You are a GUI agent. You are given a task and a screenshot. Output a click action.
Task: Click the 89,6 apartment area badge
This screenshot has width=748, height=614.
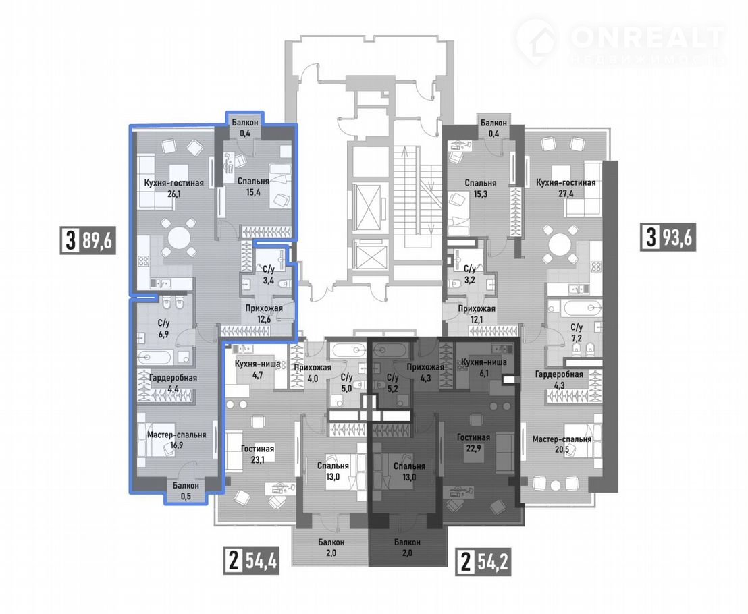[88, 240]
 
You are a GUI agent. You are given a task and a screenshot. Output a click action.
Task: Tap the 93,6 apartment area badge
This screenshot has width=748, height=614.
[668, 237]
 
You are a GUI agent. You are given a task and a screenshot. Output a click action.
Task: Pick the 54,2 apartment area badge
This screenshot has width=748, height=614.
[483, 562]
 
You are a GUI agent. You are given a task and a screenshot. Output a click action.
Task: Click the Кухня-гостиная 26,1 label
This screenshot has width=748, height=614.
[174, 188]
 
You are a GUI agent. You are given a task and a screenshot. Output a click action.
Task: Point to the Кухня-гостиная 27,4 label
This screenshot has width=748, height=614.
[566, 188]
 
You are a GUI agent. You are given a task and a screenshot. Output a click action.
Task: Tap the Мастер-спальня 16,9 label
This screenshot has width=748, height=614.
[176, 440]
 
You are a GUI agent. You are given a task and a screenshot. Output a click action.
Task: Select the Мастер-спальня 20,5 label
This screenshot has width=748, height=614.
[562, 445]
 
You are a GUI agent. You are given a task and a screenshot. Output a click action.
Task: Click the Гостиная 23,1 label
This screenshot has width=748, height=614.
[258, 454]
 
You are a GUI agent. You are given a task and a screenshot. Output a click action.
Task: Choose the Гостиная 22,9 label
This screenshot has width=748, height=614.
[473, 443]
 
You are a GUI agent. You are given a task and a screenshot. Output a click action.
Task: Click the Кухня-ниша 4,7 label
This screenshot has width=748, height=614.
[258, 369]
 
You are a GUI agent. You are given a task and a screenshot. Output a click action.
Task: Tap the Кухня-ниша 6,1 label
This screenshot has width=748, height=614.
[484, 368]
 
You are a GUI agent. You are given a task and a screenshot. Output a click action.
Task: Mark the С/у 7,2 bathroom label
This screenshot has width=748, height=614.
[577, 333]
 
